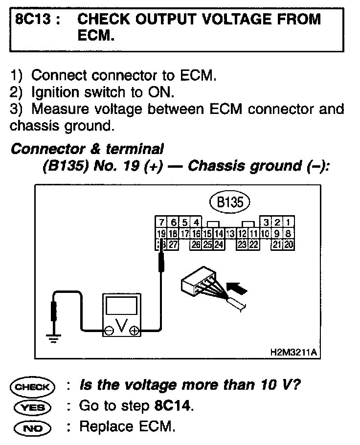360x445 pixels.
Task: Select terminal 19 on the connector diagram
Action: point(160,233)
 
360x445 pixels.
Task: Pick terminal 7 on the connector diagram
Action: point(160,223)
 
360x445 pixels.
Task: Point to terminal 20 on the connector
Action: point(289,243)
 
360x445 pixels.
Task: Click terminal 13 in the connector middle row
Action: point(229,233)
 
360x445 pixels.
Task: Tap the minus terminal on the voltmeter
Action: point(108,331)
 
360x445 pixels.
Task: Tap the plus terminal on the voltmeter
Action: point(134,331)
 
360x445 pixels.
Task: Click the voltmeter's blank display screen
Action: point(121,309)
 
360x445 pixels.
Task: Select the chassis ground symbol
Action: point(53,337)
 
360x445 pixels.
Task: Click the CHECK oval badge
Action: point(33,386)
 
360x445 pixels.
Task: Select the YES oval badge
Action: point(33,406)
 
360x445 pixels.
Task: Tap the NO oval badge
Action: point(33,427)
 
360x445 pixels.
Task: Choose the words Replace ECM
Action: point(126,426)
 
